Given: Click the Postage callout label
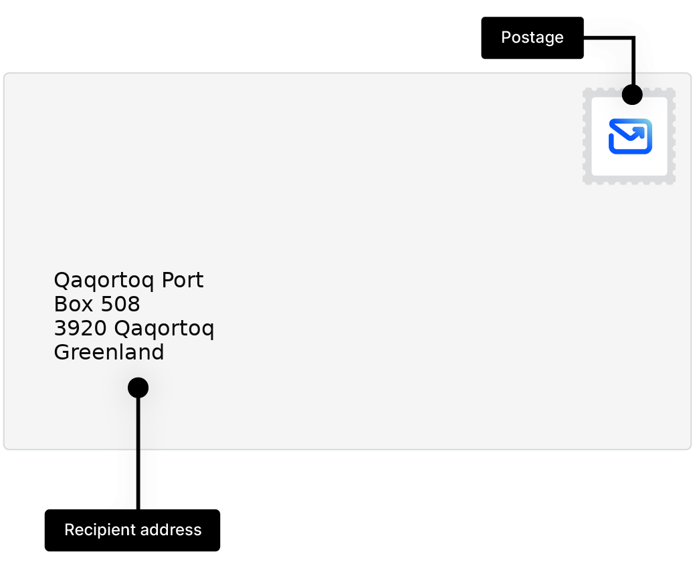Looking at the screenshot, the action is coord(532,37).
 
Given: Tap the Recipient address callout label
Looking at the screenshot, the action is coord(132,530).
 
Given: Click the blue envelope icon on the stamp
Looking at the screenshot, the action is coord(630,136).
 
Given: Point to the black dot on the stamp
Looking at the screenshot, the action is coord(632,94).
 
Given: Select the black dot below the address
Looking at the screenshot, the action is coord(138,388).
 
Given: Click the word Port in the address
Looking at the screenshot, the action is coord(183,280).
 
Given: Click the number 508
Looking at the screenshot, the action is coord(120,304).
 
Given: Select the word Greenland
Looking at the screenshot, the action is coord(109,353).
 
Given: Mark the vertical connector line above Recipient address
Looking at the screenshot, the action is coord(138,454).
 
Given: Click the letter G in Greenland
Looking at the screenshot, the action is coord(62,353).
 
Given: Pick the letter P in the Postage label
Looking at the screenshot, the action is coord(506,37).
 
